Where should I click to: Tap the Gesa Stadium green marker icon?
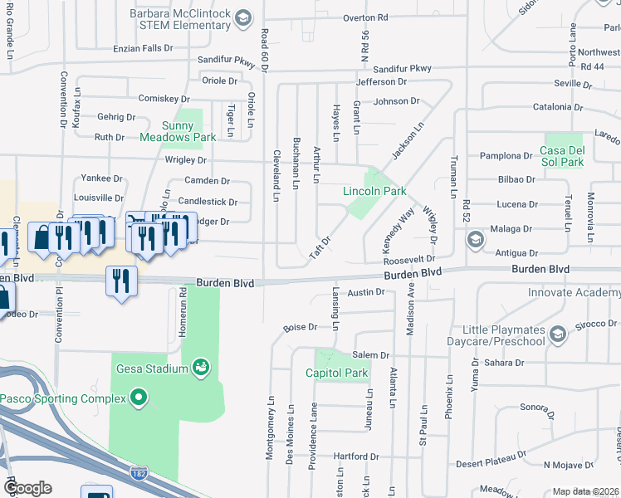coord(199,367)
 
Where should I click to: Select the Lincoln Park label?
coord(374,191)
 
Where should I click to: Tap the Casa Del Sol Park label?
coord(562,156)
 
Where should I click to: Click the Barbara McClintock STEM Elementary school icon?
coord(242,18)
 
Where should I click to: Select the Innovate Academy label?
coord(574,293)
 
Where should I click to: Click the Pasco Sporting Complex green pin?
coord(138,400)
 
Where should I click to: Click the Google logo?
coord(27,488)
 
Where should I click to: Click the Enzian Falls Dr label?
coord(144,49)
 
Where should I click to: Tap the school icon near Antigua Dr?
coord(475,241)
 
